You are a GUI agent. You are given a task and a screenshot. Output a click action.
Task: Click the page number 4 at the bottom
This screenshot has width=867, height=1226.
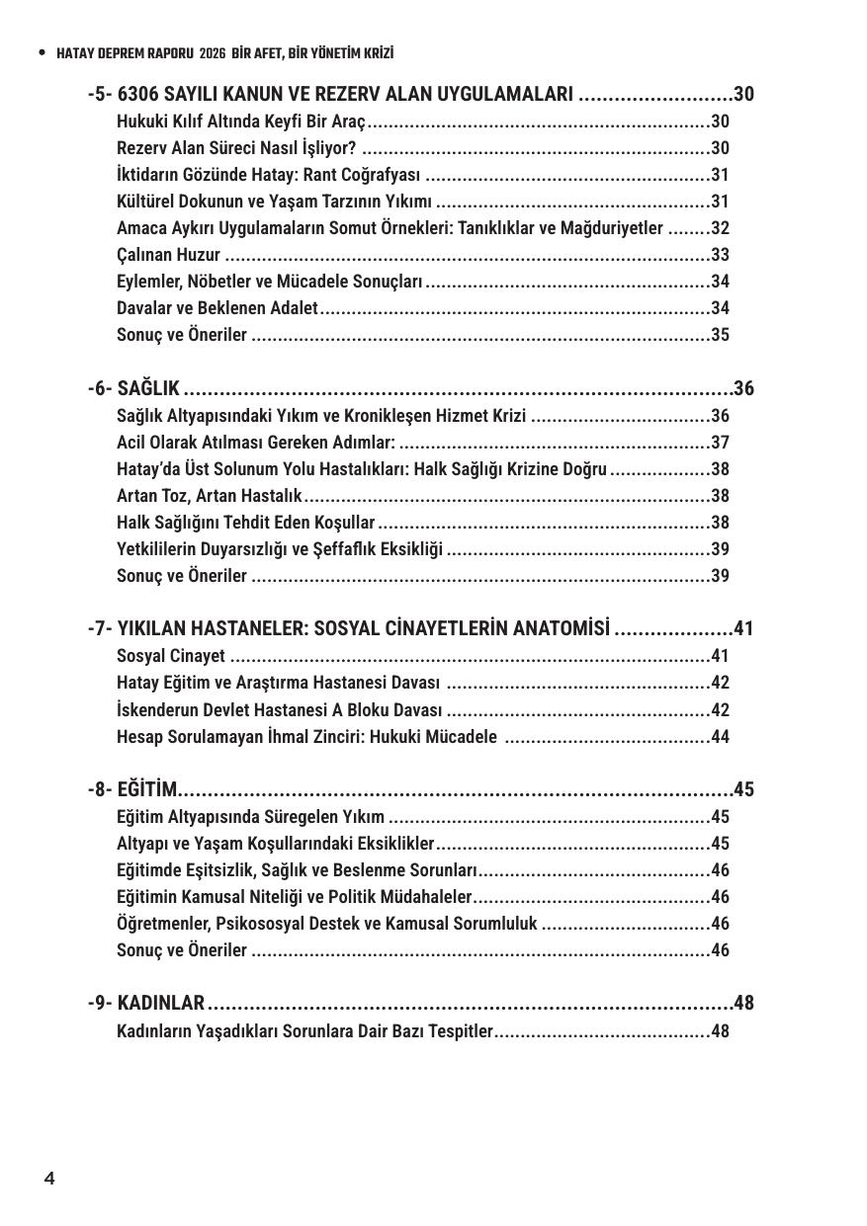click(x=49, y=1178)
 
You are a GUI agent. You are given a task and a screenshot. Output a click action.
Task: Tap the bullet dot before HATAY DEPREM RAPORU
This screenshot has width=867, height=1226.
click(x=42, y=53)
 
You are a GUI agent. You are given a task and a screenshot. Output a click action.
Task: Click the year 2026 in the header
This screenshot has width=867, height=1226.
click(x=213, y=53)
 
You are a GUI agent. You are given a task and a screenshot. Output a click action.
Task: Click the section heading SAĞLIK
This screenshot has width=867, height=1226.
click(x=148, y=388)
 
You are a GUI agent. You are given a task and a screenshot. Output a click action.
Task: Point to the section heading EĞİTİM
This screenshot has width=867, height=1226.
click(x=147, y=789)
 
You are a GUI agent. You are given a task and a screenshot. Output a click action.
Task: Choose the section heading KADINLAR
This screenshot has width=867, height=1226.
click(x=160, y=1004)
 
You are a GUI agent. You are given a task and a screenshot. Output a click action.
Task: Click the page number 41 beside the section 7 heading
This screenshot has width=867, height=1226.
click(x=743, y=628)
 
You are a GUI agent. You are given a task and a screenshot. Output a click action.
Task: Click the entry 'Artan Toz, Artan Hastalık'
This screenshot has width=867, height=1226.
click(x=209, y=496)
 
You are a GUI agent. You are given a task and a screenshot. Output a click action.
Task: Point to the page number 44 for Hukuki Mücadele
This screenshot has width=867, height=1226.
click(x=720, y=736)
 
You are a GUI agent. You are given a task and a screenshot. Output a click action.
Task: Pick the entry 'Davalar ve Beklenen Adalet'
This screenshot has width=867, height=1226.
click(x=217, y=308)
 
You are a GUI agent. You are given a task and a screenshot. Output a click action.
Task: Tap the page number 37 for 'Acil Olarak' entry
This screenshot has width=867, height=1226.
click(x=720, y=443)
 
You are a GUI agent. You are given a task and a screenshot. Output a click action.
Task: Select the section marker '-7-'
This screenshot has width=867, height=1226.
click(x=100, y=628)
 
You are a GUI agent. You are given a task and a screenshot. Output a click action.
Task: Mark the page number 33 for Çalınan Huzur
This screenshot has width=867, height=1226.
click(x=720, y=255)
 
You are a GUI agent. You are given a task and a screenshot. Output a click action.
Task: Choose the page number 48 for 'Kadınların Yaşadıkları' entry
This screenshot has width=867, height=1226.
click(x=720, y=1031)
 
